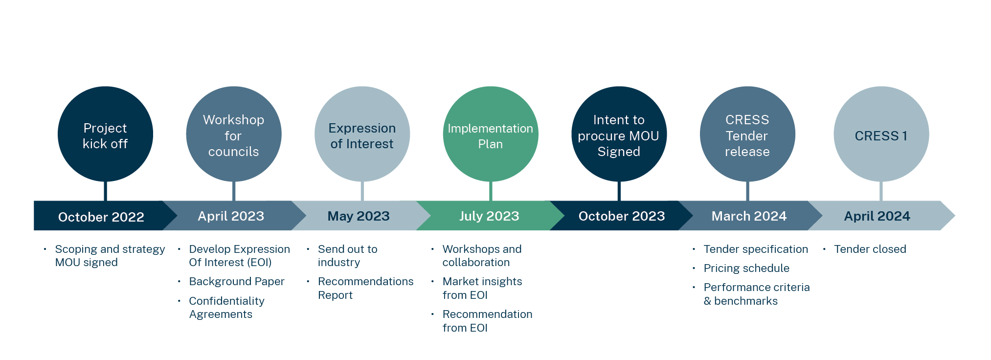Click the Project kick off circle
click(105, 134)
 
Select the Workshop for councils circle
click(234, 134)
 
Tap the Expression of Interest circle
click(362, 134)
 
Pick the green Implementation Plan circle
click(491, 134)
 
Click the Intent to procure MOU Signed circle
click(619, 134)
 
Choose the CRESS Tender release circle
click(747, 134)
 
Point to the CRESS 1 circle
click(881, 134)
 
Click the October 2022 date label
click(101, 217)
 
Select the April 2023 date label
click(231, 216)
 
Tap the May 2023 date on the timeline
click(359, 216)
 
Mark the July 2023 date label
click(489, 216)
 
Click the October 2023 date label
click(622, 216)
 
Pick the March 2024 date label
click(749, 216)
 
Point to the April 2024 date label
click(877, 216)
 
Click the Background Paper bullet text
click(237, 282)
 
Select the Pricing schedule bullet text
click(746, 269)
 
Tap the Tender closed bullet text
click(870, 249)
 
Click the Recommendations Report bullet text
click(365, 288)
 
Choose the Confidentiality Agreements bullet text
click(226, 308)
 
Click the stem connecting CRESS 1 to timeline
click(881, 191)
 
